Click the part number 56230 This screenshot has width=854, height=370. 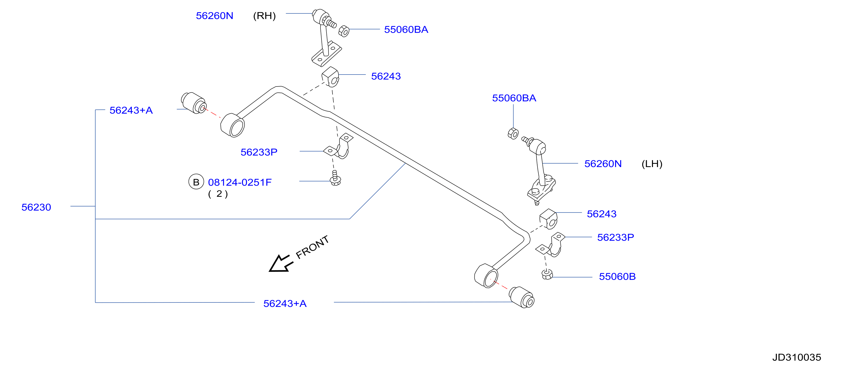click(x=36, y=207)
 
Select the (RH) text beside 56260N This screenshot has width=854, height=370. click(x=264, y=16)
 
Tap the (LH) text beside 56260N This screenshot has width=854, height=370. click(x=652, y=164)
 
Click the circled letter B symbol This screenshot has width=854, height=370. click(x=196, y=182)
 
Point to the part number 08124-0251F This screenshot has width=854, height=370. click(x=240, y=182)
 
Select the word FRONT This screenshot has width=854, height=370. click(x=312, y=247)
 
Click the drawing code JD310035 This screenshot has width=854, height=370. click(x=797, y=357)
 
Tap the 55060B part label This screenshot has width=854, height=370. click(x=617, y=277)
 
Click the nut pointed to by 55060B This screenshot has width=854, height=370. click(x=547, y=274)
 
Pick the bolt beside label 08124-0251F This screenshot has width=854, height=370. click(x=335, y=178)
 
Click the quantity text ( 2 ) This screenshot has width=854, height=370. click(x=218, y=194)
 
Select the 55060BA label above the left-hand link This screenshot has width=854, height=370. click(x=514, y=98)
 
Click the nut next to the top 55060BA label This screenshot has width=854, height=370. click(x=344, y=31)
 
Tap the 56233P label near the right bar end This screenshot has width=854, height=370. click(x=616, y=237)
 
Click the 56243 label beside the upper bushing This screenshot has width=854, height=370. click(x=386, y=76)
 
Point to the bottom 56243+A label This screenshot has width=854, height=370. click(x=285, y=304)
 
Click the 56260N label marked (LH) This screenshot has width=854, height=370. click(x=603, y=164)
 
